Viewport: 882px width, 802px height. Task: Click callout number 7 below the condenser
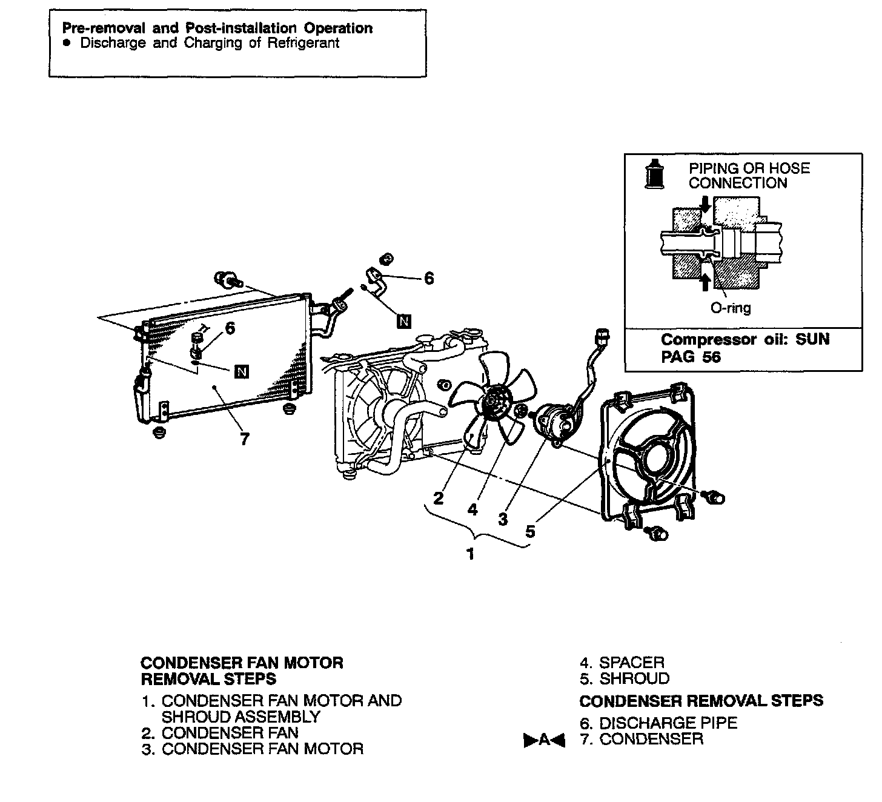(x=244, y=439)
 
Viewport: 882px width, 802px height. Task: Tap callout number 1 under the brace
(x=470, y=554)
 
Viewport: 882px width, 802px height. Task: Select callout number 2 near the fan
(x=439, y=498)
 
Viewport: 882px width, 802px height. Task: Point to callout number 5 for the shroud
(x=531, y=531)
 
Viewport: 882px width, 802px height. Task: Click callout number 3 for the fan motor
(x=503, y=519)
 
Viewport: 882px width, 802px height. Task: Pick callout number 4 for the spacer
(x=472, y=510)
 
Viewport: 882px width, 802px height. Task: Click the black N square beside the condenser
(x=242, y=371)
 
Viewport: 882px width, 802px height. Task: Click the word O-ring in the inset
(x=730, y=308)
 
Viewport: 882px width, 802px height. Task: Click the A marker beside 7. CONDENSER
(x=543, y=740)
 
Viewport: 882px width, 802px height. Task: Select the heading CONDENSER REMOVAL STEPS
(x=701, y=701)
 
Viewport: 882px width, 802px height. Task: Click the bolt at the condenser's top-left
(x=225, y=280)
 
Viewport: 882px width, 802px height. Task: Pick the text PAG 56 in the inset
(x=691, y=356)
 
